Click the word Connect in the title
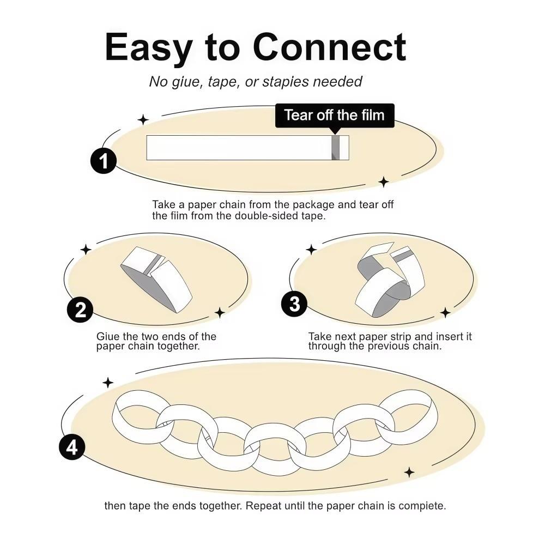coord(329,47)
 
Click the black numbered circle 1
coord(103,161)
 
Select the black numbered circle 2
coord(80,310)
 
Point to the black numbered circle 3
coord(294,304)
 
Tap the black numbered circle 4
coord(72,447)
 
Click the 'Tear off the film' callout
coord(335,116)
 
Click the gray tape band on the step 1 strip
coord(335,148)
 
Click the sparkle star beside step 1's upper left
coord(143,120)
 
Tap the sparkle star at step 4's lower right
coord(409,473)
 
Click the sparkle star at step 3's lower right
coord(445,312)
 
